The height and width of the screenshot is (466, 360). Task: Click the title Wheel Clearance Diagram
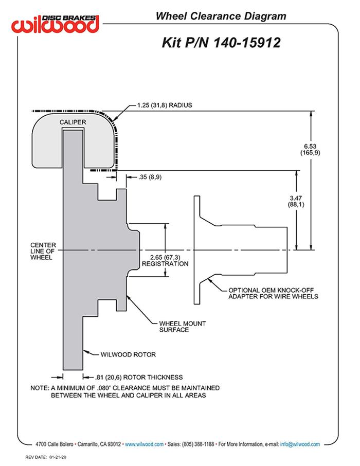(x=221, y=16)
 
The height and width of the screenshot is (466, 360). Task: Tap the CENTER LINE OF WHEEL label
(x=43, y=251)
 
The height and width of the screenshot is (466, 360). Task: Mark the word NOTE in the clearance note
(x=39, y=387)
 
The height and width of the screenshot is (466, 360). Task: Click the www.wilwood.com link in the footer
(x=145, y=444)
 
